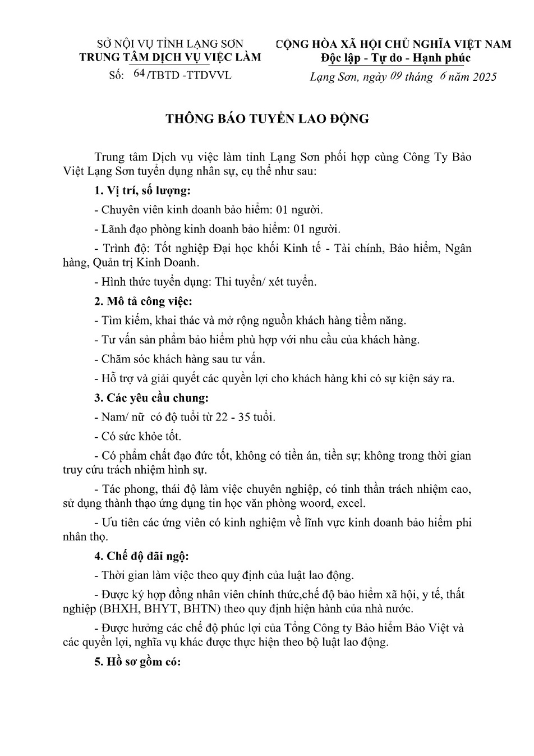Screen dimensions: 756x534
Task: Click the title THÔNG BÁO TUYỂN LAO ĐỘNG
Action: pos(266,119)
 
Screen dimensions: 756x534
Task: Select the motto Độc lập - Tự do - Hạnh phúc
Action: pos(396,58)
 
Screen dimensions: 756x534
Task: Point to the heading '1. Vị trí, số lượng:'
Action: pos(143,191)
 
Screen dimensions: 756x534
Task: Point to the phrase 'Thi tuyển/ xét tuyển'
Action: pos(265,282)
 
